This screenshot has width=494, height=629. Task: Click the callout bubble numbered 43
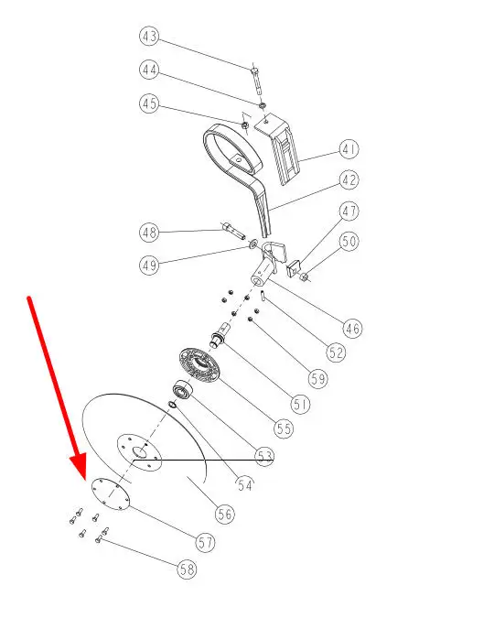[149, 36]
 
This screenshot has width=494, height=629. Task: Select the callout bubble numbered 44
[149, 70]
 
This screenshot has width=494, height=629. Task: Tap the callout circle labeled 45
[149, 103]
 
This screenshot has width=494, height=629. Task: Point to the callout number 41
[349, 149]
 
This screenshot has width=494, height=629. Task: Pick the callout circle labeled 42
[349, 179]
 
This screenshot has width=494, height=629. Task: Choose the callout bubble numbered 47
[349, 211]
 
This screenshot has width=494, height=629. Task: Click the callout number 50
[349, 242]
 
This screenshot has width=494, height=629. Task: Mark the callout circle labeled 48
[149, 233]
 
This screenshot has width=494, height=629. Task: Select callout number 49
[149, 266]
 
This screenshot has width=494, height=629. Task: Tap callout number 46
[352, 329]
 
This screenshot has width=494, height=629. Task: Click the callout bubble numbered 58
[187, 569]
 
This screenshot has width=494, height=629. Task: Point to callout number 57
[205, 543]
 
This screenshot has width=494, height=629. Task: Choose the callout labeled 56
[224, 514]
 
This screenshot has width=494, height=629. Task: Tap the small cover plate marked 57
[111, 493]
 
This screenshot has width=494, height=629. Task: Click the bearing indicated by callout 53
[183, 391]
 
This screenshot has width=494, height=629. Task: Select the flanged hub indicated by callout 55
[199, 365]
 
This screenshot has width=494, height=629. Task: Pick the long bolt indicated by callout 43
[257, 80]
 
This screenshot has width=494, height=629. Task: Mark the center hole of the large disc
[140, 452]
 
